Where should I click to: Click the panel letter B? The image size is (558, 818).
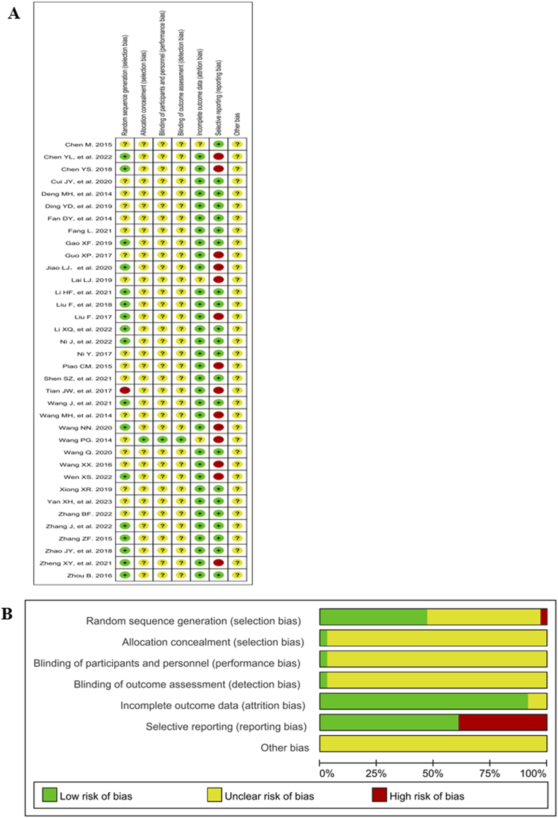point(7,614)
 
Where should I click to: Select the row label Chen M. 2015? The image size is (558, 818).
point(88,145)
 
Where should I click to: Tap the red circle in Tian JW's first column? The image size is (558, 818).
point(125,390)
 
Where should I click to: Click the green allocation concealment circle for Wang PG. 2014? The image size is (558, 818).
point(144,440)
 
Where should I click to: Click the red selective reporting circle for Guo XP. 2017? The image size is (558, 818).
point(219,255)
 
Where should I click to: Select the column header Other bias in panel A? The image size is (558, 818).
point(237,124)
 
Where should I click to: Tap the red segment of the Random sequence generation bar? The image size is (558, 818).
point(544,617)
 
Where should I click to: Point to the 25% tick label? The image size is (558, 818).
point(376,774)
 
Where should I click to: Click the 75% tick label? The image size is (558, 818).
point(490,774)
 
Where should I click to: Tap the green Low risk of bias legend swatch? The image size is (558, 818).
point(50,795)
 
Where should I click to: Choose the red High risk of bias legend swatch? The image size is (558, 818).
point(379,795)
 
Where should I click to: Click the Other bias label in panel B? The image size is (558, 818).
point(284,748)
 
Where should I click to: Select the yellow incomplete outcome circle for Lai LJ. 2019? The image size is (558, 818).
point(200,280)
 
